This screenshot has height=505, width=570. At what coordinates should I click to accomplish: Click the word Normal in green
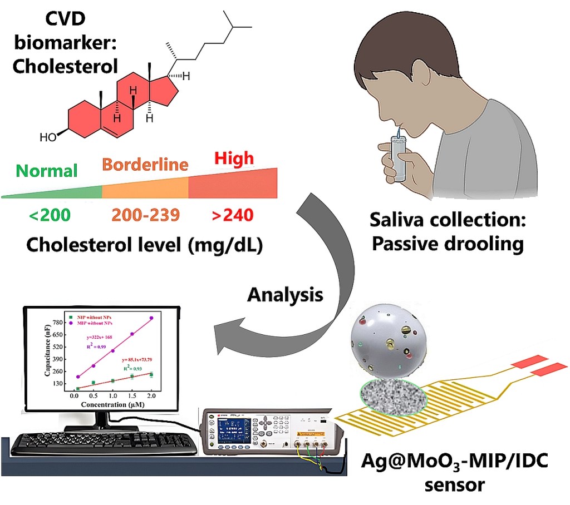click(x=46, y=171)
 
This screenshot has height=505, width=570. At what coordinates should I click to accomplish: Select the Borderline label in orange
click(x=145, y=165)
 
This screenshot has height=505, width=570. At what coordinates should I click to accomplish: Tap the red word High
click(x=234, y=159)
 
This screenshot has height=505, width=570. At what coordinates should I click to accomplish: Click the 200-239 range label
click(x=145, y=214)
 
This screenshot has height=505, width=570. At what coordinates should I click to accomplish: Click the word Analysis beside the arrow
click(x=285, y=295)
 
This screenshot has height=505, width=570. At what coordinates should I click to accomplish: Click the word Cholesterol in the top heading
click(x=65, y=66)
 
